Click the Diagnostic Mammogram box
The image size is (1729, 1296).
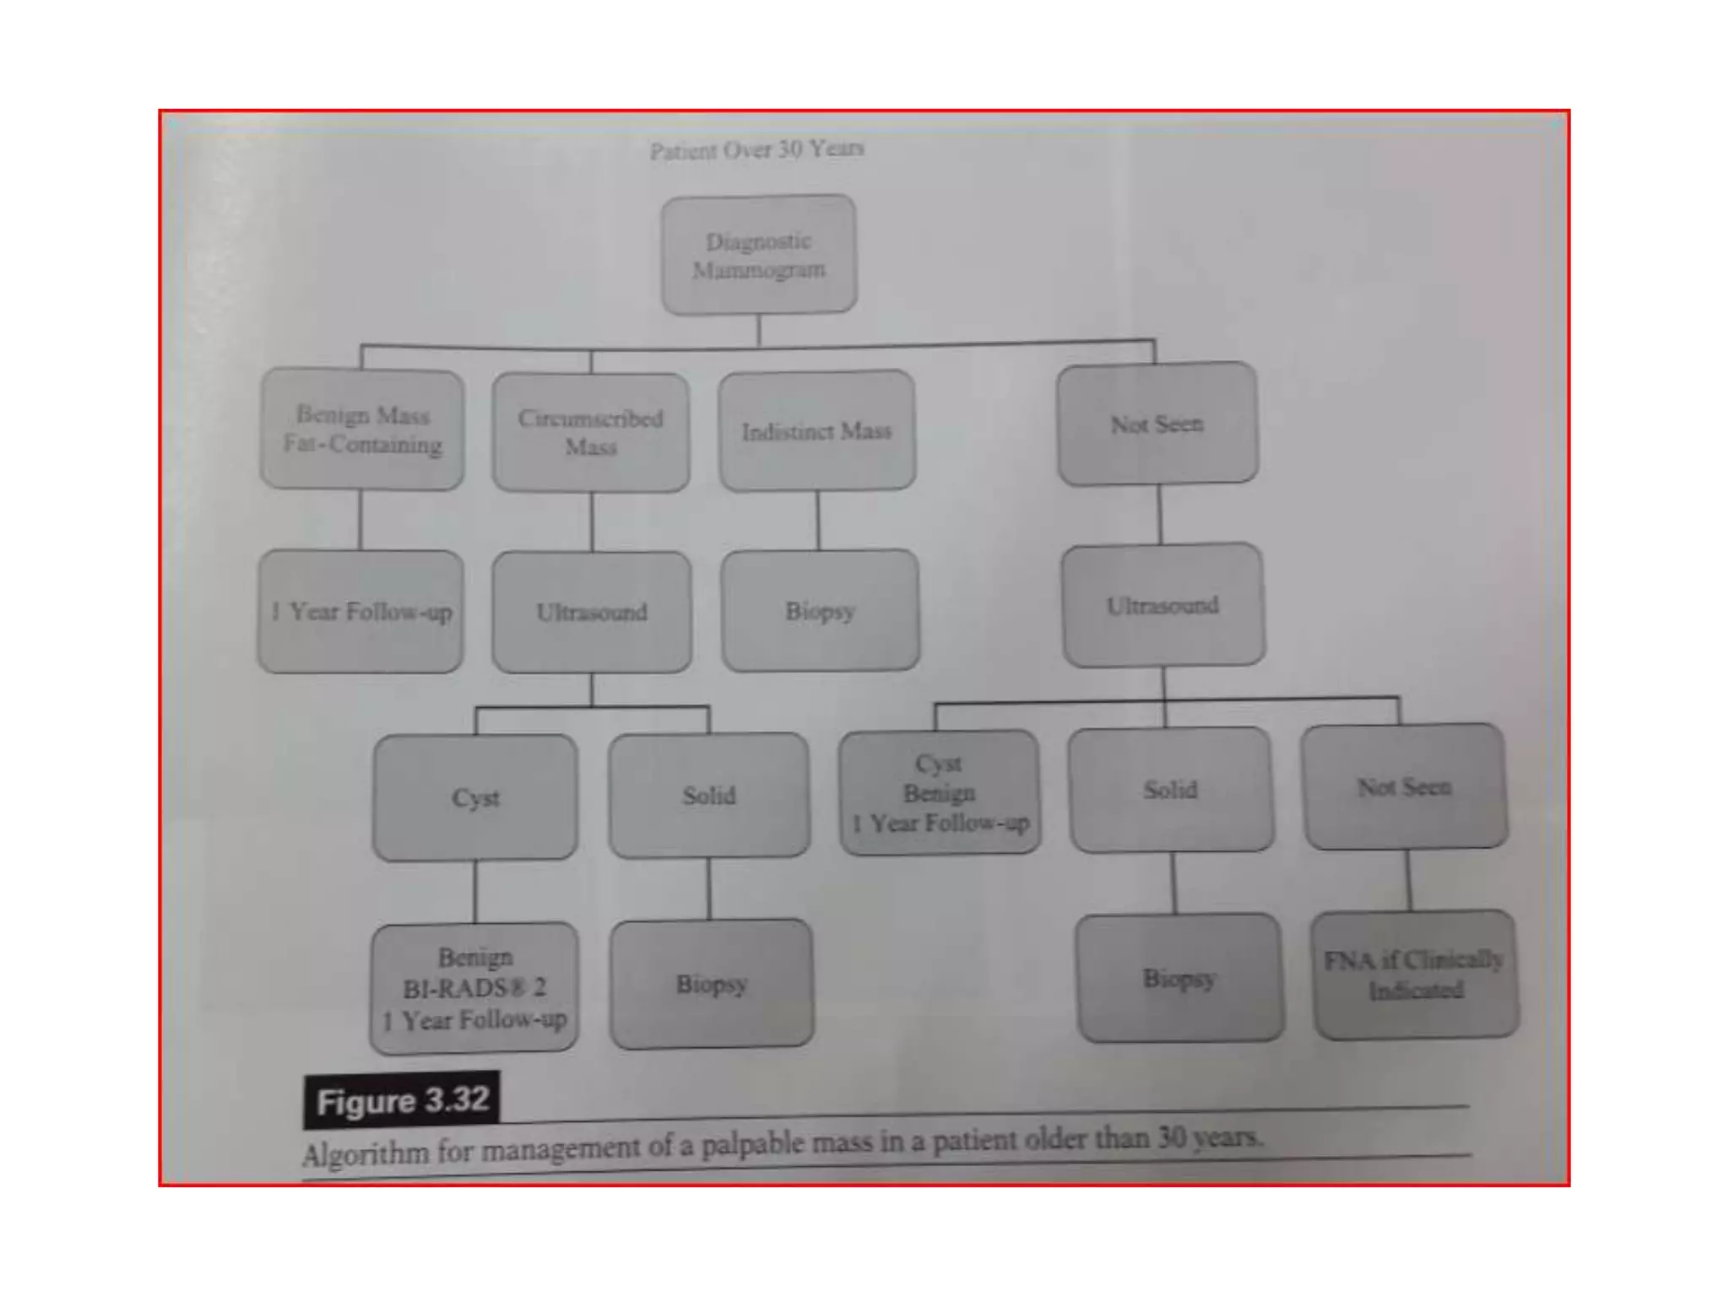point(758,255)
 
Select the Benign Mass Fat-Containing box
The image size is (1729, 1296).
point(362,429)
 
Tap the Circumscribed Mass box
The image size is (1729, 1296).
point(591,432)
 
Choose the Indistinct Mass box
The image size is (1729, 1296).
point(816,431)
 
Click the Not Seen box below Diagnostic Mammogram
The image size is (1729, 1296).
point(1157,424)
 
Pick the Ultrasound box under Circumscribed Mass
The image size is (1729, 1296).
point(592,612)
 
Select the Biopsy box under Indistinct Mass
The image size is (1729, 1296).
point(820,610)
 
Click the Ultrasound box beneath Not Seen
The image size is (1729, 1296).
point(1163,605)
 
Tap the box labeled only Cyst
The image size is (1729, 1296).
point(475,797)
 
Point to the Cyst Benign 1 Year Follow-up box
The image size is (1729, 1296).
point(940,792)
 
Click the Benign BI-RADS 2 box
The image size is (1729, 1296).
point(474,987)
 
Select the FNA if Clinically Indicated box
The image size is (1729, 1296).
point(1415,975)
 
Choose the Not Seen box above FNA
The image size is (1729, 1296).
point(1404,786)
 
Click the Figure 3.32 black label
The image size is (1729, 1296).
point(402,1100)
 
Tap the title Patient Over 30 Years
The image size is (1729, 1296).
point(756,150)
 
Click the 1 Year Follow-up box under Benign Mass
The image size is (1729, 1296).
point(360,612)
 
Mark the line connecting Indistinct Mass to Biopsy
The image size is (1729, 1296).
point(817,520)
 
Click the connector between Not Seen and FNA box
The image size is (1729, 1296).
point(1408,879)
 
